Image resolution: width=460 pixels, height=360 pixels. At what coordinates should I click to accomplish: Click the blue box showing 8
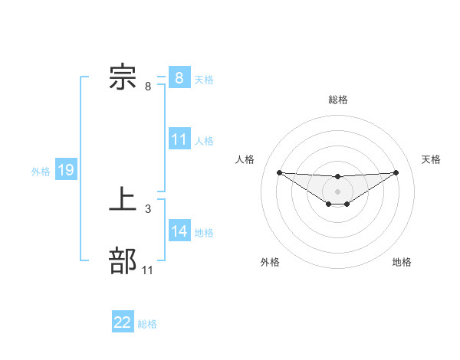click(179, 78)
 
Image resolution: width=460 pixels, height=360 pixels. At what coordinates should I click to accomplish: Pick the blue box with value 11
click(179, 139)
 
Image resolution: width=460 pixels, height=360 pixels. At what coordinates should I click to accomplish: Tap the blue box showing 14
click(179, 231)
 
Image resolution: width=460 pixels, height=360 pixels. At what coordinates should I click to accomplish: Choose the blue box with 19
click(66, 170)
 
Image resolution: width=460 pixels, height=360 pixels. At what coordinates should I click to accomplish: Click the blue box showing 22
click(123, 322)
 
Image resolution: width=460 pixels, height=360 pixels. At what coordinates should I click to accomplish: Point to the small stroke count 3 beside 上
click(147, 208)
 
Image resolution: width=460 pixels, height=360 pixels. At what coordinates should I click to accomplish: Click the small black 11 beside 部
click(148, 270)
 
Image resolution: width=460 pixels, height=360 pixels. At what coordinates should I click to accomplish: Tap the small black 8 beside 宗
click(148, 86)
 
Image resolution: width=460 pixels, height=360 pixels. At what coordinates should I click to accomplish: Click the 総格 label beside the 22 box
click(147, 324)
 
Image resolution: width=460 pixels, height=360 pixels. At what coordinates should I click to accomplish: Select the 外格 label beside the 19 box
click(41, 172)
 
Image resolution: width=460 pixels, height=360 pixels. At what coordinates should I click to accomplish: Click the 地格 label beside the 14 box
click(204, 233)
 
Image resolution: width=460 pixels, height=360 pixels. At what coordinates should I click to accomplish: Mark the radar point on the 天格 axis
click(396, 172)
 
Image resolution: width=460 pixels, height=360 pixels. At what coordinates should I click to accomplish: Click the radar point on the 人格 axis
click(279, 172)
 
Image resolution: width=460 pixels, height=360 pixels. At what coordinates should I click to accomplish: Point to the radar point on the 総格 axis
click(337, 177)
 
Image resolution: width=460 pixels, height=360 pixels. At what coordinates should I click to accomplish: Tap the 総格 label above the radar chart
click(337, 100)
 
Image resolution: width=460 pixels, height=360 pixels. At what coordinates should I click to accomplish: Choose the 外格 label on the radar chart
click(270, 262)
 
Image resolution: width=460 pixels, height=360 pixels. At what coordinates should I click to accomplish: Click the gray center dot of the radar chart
click(337, 191)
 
